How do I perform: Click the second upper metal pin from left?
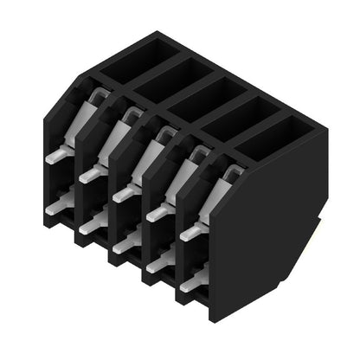pyautogui.click(x=90, y=174)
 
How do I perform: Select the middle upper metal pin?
pyautogui.click(x=123, y=193)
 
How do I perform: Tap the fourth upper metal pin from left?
pyautogui.click(x=157, y=213)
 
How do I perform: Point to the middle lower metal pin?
pyautogui.click(x=124, y=244)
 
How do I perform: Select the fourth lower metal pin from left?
pyautogui.click(x=157, y=264)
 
